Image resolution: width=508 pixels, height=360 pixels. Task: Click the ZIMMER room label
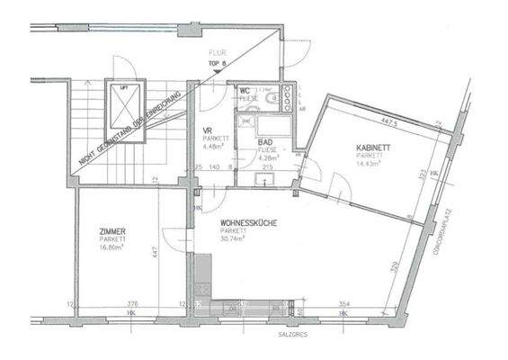[x=112, y=231]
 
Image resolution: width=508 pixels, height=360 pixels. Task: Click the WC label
[x=245, y=90]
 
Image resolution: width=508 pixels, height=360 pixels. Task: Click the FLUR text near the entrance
[x=216, y=53]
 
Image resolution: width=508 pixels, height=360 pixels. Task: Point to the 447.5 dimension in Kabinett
[x=389, y=119]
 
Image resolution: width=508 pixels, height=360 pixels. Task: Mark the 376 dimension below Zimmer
[x=131, y=305]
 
